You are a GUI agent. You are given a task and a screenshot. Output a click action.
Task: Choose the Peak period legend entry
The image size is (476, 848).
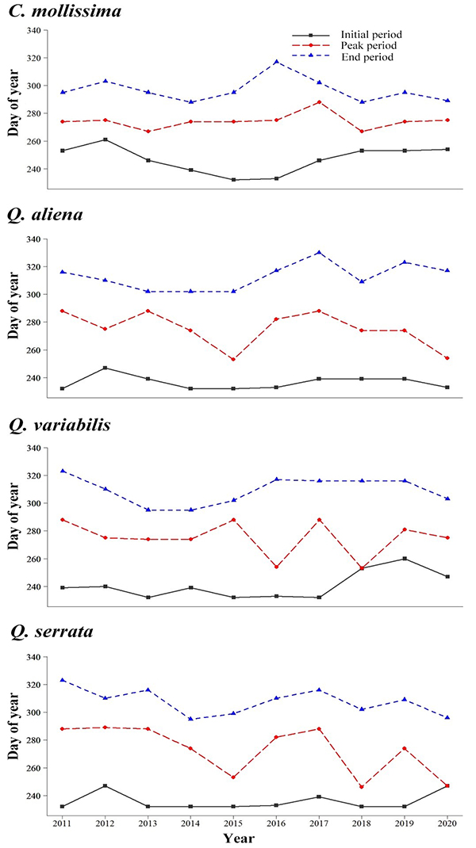coord(367,46)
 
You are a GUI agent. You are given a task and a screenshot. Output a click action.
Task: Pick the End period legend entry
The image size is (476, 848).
coord(364,57)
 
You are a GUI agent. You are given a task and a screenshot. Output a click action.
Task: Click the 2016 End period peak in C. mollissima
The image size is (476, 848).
coord(277,61)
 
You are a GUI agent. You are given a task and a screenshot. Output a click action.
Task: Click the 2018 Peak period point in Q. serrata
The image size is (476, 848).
coord(363,787)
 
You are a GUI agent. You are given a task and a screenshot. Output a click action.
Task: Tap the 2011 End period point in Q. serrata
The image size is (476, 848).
coord(63,680)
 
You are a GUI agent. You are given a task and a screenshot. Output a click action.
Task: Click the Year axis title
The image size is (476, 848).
coord(239,838)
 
